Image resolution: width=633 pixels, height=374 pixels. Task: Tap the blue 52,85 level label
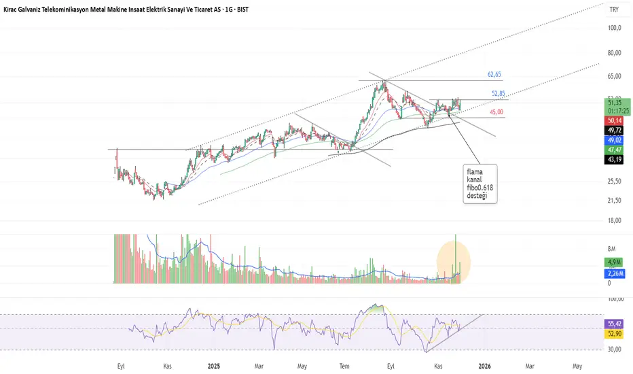(499, 93)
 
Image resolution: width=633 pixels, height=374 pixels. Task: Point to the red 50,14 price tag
(615, 120)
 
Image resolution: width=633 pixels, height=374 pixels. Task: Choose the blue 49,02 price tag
(615, 139)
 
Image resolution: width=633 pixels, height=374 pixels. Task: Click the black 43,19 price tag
(615, 159)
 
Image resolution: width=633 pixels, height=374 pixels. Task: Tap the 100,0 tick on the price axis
(615, 28)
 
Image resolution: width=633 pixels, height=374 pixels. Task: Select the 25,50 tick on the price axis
(615, 181)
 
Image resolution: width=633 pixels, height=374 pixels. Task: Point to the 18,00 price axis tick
(615, 221)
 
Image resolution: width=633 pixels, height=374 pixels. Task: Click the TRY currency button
(614, 10)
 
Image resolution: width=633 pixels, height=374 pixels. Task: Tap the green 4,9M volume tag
(615, 262)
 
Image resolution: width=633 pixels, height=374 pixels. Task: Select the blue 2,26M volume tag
(615, 274)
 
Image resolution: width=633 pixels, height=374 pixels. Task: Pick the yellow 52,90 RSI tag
(615, 335)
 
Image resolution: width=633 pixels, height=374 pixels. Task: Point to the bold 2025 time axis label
(213, 365)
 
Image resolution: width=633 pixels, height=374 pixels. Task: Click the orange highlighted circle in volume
(453, 260)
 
